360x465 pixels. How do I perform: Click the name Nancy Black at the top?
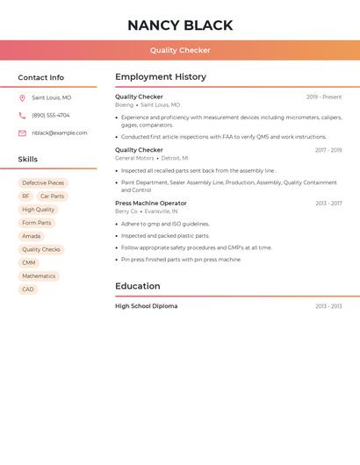180,25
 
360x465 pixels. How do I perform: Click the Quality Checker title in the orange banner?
180,50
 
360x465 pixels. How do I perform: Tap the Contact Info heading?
40,77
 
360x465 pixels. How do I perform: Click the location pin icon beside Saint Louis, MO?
22,97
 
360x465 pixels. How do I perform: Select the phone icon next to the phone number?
22,115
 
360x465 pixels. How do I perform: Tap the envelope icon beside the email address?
22,133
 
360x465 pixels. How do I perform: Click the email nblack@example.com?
60,133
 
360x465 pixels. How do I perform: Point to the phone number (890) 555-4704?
51,115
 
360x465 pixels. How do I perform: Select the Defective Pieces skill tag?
43,183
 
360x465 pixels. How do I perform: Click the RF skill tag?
25,197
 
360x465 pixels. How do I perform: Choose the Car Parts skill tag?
52,197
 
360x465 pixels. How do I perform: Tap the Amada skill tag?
31,236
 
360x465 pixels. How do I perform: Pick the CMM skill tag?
29,262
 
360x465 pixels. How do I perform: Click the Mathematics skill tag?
39,275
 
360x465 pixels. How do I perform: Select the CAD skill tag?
28,289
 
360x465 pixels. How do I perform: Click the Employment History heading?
161,77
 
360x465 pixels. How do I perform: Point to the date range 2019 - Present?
324,97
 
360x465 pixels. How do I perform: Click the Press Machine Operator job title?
151,204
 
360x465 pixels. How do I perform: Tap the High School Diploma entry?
146,306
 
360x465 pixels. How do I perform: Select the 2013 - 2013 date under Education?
328,306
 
